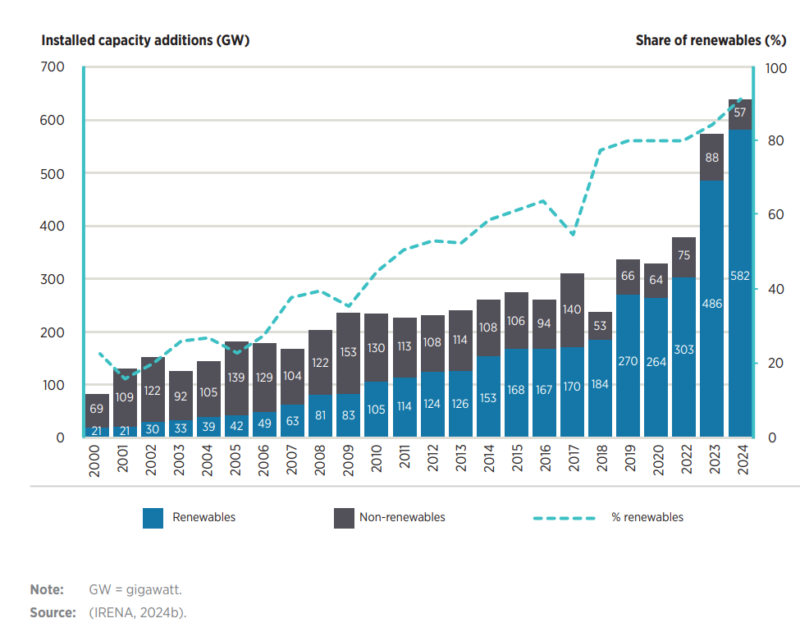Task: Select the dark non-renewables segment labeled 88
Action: [x=712, y=157]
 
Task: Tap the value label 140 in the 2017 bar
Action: [x=572, y=309]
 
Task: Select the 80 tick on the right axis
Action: [x=775, y=141]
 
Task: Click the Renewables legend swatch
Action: [x=153, y=518]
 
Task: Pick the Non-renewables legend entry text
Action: [x=402, y=517]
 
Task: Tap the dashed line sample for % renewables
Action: [x=564, y=518]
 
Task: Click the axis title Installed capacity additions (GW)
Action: [x=145, y=40]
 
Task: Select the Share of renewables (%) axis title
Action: [x=711, y=40]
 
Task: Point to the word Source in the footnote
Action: [x=53, y=612]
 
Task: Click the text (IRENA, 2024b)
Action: [x=138, y=612]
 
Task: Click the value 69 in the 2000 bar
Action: [x=97, y=409]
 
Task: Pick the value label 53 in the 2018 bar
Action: [x=600, y=325]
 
